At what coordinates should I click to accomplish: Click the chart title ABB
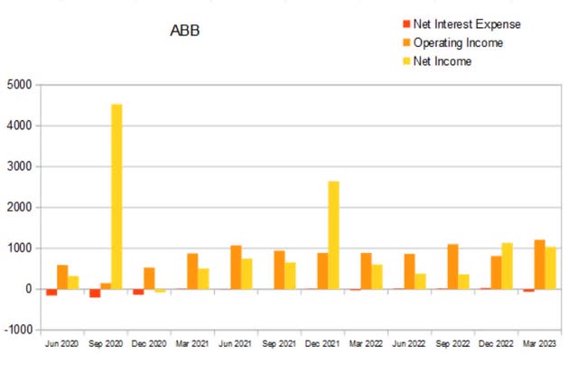coord(185,31)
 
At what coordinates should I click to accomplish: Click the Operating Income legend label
coord(458,42)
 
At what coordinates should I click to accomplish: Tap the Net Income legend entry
coord(443,61)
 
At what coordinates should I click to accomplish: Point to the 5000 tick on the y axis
coord(19,85)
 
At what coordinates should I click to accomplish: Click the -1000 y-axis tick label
coord(17,330)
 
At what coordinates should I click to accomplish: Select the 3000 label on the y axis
coord(19,166)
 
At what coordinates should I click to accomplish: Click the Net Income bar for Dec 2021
coord(333,235)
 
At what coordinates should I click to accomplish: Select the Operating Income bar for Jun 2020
coord(62,276)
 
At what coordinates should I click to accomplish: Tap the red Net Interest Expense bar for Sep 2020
coord(95,293)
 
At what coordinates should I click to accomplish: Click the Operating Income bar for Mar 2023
coord(539,264)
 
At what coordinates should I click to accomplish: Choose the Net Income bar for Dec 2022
coord(507,266)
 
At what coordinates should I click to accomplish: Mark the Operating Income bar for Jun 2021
coord(236,267)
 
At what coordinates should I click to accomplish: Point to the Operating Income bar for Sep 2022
coord(452,267)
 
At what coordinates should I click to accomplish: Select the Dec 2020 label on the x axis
coord(149,344)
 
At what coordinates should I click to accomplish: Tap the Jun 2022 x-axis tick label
coord(409,344)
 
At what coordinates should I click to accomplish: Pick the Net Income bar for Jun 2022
coord(420,281)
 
